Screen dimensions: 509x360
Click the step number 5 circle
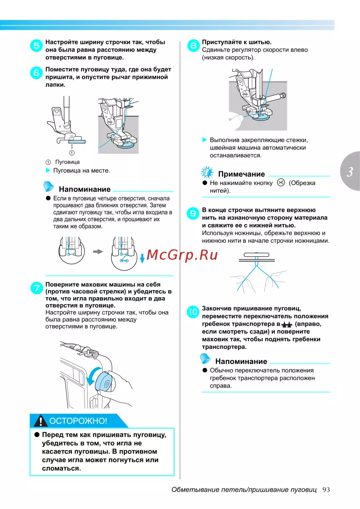pos(36,46)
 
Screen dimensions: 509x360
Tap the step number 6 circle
pos(36,73)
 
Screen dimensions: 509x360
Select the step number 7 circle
pos(36,288)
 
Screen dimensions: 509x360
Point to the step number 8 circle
pos(193,46)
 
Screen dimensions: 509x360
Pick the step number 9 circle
pos(193,214)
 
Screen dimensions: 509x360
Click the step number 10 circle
pos(193,312)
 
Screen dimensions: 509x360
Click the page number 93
pos(326,490)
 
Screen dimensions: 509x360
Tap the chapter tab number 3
pos(350,172)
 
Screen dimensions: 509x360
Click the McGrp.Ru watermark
pos(182,255)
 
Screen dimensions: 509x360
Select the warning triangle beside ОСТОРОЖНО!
pos(41,421)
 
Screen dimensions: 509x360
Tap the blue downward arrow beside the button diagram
pos(142,258)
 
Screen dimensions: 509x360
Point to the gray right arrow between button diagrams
pos(98,251)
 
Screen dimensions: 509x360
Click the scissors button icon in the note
pos(281,183)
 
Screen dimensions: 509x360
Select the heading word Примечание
pos(241,174)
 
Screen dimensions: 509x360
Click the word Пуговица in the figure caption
pos(67,162)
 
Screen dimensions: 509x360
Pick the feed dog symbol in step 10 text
pos(287,325)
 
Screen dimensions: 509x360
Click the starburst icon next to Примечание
pos(207,172)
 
